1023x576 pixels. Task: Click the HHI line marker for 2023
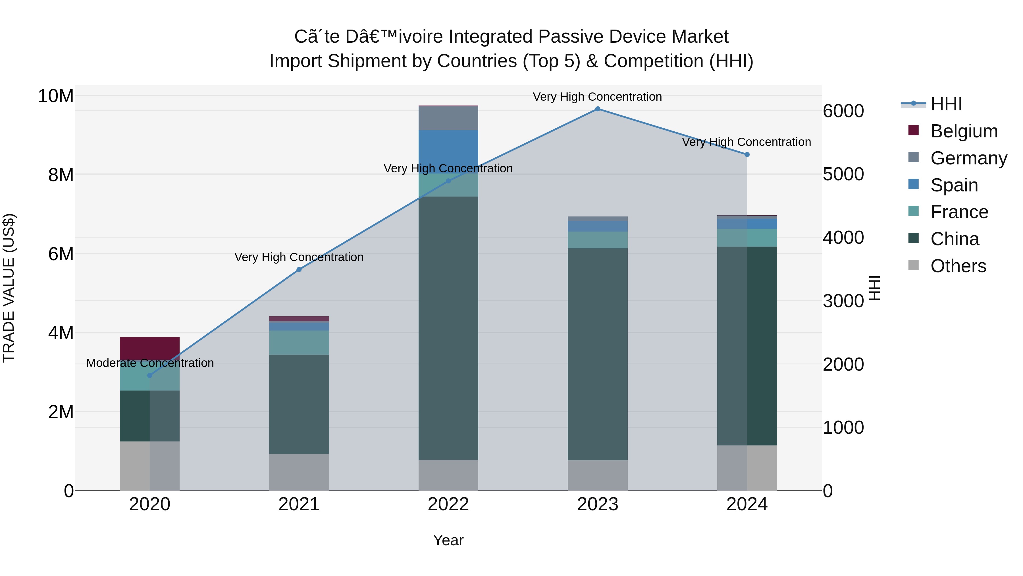[597, 109]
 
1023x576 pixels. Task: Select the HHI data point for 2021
[299, 270]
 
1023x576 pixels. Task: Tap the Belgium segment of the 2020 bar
[150, 348]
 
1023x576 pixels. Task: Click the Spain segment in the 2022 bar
[448, 151]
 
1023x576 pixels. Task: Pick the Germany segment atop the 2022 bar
[448, 118]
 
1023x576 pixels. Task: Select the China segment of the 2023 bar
[597, 354]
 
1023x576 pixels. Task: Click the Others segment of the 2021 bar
[299, 472]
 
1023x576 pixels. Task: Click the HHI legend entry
[946, 104]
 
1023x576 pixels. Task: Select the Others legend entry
[958, 266]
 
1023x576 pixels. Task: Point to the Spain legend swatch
[913, 184]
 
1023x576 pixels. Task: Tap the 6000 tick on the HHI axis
[843, 111]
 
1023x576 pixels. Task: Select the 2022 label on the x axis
[448, 504]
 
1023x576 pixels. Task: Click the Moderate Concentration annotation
[150, 363]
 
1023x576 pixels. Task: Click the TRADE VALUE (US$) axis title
[9, 288]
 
